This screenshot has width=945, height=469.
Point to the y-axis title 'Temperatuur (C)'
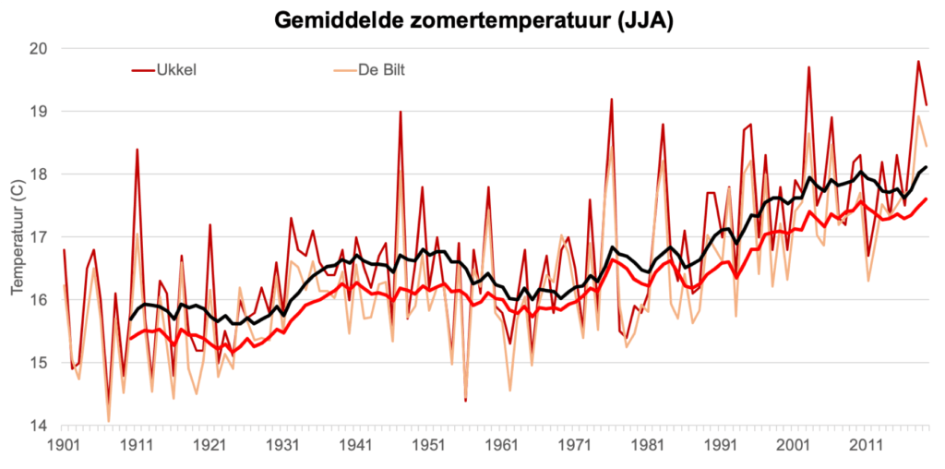(18, 237)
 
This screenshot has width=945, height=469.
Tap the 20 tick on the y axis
(40, 48)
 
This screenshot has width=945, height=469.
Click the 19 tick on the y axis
(40, 111)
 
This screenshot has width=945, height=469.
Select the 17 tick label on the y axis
(40, 237)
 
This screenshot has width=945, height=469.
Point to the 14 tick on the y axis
(40, 426)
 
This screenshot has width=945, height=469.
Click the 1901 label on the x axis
(64, 446)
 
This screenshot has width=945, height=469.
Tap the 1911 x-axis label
(137, 446)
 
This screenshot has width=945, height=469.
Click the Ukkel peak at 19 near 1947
(400, 112)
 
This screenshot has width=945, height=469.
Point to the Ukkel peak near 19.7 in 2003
(808, 67)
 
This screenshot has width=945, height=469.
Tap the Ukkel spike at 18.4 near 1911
(137, 150)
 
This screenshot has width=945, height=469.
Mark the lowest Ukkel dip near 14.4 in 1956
(465, 401)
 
